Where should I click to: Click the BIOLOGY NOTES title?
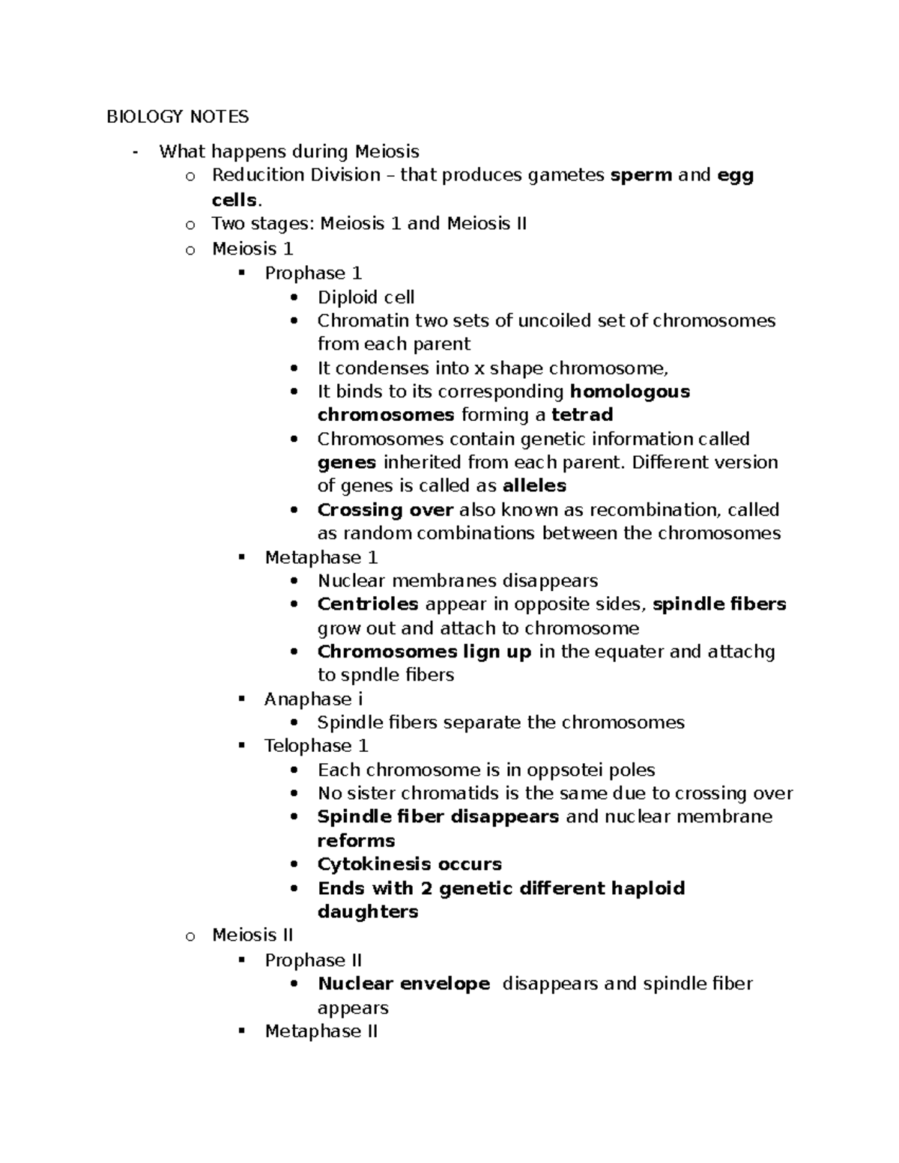tap(178, 117)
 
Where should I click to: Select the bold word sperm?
tap(641, 175)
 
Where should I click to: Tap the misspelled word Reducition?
tap(255, 175)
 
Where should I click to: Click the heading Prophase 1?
tap(313, 273)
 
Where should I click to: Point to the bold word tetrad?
tap(582, 415)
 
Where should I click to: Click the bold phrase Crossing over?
tap(385, 510)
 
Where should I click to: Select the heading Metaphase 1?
tap(321, 558)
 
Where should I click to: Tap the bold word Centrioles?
tap(368, 604)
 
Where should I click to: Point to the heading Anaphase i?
tap(313, 699)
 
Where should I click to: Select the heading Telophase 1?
tap(316, 746)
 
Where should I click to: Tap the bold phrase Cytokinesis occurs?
tap(410, 864)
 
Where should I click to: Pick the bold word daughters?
tap(368, 912)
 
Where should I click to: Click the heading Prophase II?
tap(313, 960)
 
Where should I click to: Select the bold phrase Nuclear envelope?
tap(404, 984)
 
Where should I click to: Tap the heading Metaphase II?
tap(321, 1031)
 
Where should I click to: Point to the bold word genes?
tap(348, 463)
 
